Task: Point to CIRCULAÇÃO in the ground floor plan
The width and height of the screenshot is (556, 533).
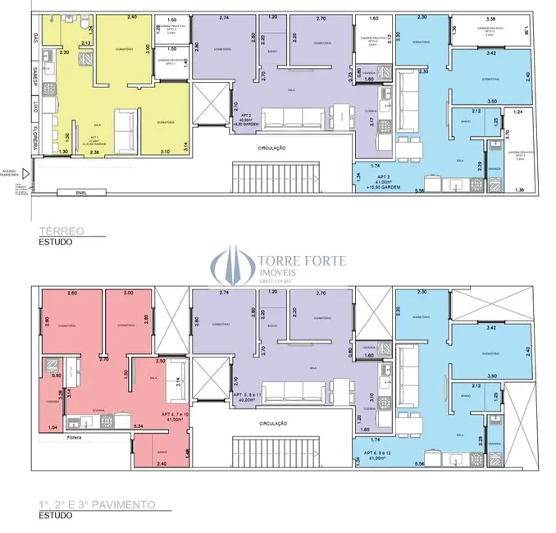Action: (271, 148)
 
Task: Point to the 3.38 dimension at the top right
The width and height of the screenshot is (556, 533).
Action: (490, 18)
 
